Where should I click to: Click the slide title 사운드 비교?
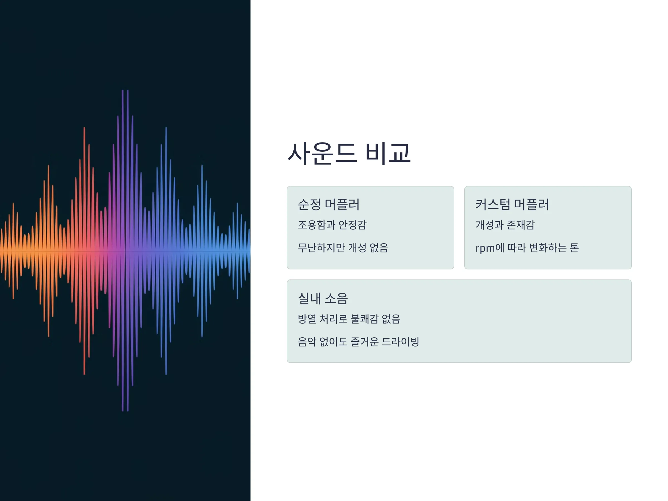[x=349, y=153]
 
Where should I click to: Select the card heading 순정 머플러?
[x=328, y=205]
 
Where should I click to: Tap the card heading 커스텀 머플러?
[x=512, y=205]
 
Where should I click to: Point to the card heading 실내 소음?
[x=323, y=298]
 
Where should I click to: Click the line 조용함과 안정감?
[x=332, y=225]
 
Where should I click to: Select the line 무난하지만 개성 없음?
[x=343, y=248]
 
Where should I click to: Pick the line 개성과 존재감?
[x=505, y=225]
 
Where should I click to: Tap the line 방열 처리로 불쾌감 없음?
[x=349, y=319]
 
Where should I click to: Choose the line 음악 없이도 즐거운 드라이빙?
[x=358, y=342]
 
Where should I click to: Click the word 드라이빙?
[x=401, y=342]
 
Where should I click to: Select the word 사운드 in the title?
[x=322, y=153]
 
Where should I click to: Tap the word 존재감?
[x=521, y=225]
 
